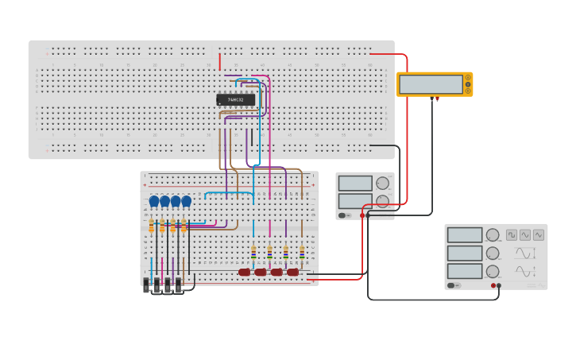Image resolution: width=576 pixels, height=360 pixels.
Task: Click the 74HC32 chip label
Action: click(235, 99)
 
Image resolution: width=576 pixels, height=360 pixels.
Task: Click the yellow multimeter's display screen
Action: click(431, 84)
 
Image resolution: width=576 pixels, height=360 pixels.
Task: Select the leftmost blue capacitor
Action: click(154, 201)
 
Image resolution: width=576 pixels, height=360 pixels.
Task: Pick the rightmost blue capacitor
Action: click(187, 201)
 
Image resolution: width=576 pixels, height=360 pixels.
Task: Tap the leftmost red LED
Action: click(245, 272)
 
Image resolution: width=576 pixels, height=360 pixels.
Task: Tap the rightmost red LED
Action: click(293, 272)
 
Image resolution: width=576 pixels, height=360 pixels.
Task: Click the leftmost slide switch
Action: click(147, 285)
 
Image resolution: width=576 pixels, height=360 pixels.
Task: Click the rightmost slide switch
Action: click(179, 285)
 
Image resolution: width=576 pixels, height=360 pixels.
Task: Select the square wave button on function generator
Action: click(512, 235)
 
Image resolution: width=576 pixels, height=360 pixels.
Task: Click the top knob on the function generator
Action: click(493, 235)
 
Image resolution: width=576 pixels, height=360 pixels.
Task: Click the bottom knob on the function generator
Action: click(493, 271)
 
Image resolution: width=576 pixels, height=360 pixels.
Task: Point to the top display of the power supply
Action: click(354, 183)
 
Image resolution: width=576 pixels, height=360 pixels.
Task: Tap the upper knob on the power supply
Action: click(383, 183)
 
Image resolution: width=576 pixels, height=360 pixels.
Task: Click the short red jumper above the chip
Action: click(220, 61)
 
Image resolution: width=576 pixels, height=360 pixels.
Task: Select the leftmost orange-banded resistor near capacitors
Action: click(151, 226)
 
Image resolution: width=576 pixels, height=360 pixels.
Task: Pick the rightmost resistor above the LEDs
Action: click(302, 253)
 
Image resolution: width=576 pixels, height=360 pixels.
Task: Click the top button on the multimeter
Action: click(468, 77)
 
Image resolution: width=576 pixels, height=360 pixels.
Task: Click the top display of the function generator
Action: click(464, 235)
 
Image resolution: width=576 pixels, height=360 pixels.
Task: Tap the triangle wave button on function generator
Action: click(539, 235)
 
